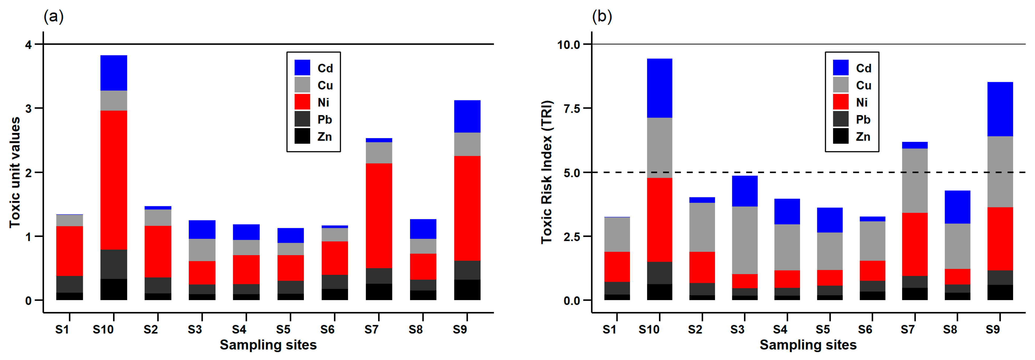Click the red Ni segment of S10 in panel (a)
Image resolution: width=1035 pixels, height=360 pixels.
[114, 180]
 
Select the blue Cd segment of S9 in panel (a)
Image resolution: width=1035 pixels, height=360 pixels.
[467, 116]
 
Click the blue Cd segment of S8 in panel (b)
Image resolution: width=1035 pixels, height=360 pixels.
[957, 207]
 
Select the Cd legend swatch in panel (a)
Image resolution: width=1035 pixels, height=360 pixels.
[302, 68]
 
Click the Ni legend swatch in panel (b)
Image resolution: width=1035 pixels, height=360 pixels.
[840, 102]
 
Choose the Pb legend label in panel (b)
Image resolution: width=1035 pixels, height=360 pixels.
[863, 119]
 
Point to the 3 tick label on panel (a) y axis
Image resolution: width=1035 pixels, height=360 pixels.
[28, 109]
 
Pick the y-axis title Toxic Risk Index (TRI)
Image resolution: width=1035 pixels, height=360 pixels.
[547, 172]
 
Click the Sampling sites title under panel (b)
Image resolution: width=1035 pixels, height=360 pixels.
[808, 345]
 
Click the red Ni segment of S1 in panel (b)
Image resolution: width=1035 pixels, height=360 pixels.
[617, 267]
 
